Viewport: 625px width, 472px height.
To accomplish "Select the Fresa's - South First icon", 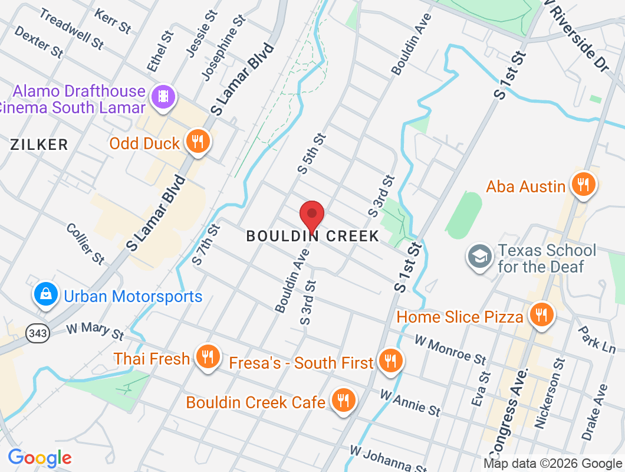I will point(389,361).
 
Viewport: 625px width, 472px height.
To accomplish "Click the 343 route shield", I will point(37,334).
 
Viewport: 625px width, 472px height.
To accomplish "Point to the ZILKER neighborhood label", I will point(40,145).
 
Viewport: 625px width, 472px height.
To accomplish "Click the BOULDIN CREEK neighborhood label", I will point(312,236).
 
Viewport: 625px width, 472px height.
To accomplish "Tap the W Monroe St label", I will point(450,349).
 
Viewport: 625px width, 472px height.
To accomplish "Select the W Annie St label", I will point(410,402).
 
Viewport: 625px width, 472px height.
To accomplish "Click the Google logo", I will point(40,458).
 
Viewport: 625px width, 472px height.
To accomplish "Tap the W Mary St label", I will point(94,330).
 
